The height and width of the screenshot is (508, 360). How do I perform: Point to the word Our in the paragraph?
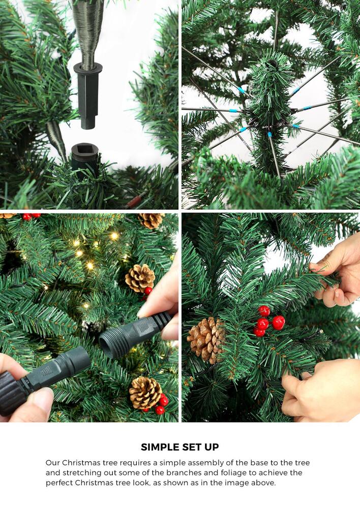pos(53,463)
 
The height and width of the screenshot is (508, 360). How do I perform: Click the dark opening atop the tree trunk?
pos(273,64)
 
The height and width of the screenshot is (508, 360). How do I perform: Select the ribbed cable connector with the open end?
pos(133,333)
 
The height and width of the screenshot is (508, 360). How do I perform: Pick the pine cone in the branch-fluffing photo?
pos(206,339)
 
